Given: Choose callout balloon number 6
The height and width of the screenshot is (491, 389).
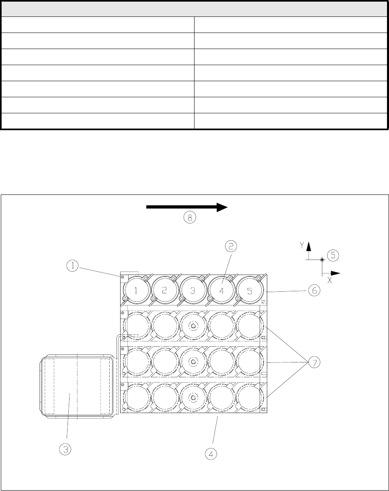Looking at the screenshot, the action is pyautogui.click(x=315, y=291).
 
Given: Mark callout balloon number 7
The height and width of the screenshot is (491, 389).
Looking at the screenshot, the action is pyautogui.click(x=314, y=363).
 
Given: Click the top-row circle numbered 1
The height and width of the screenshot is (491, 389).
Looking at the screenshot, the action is pyautogui.click(x=136, y=291).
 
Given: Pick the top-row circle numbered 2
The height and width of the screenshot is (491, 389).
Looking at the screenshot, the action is pyautogui.click(x=164, y=291).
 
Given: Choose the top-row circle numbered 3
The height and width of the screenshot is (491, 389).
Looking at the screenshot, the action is pyautogui.click(x=193, y=291).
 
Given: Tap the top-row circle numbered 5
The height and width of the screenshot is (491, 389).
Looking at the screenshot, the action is pyautogui.click(x=250, y=291).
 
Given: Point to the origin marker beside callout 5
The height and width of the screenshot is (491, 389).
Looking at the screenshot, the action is pyautogui.click(x=322, y=260).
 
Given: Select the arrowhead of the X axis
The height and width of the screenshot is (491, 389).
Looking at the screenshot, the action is pyautogui.click(x=336, y=274).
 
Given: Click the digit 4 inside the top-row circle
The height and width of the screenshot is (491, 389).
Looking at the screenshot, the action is pyautogui.click(x=221, y=291).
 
